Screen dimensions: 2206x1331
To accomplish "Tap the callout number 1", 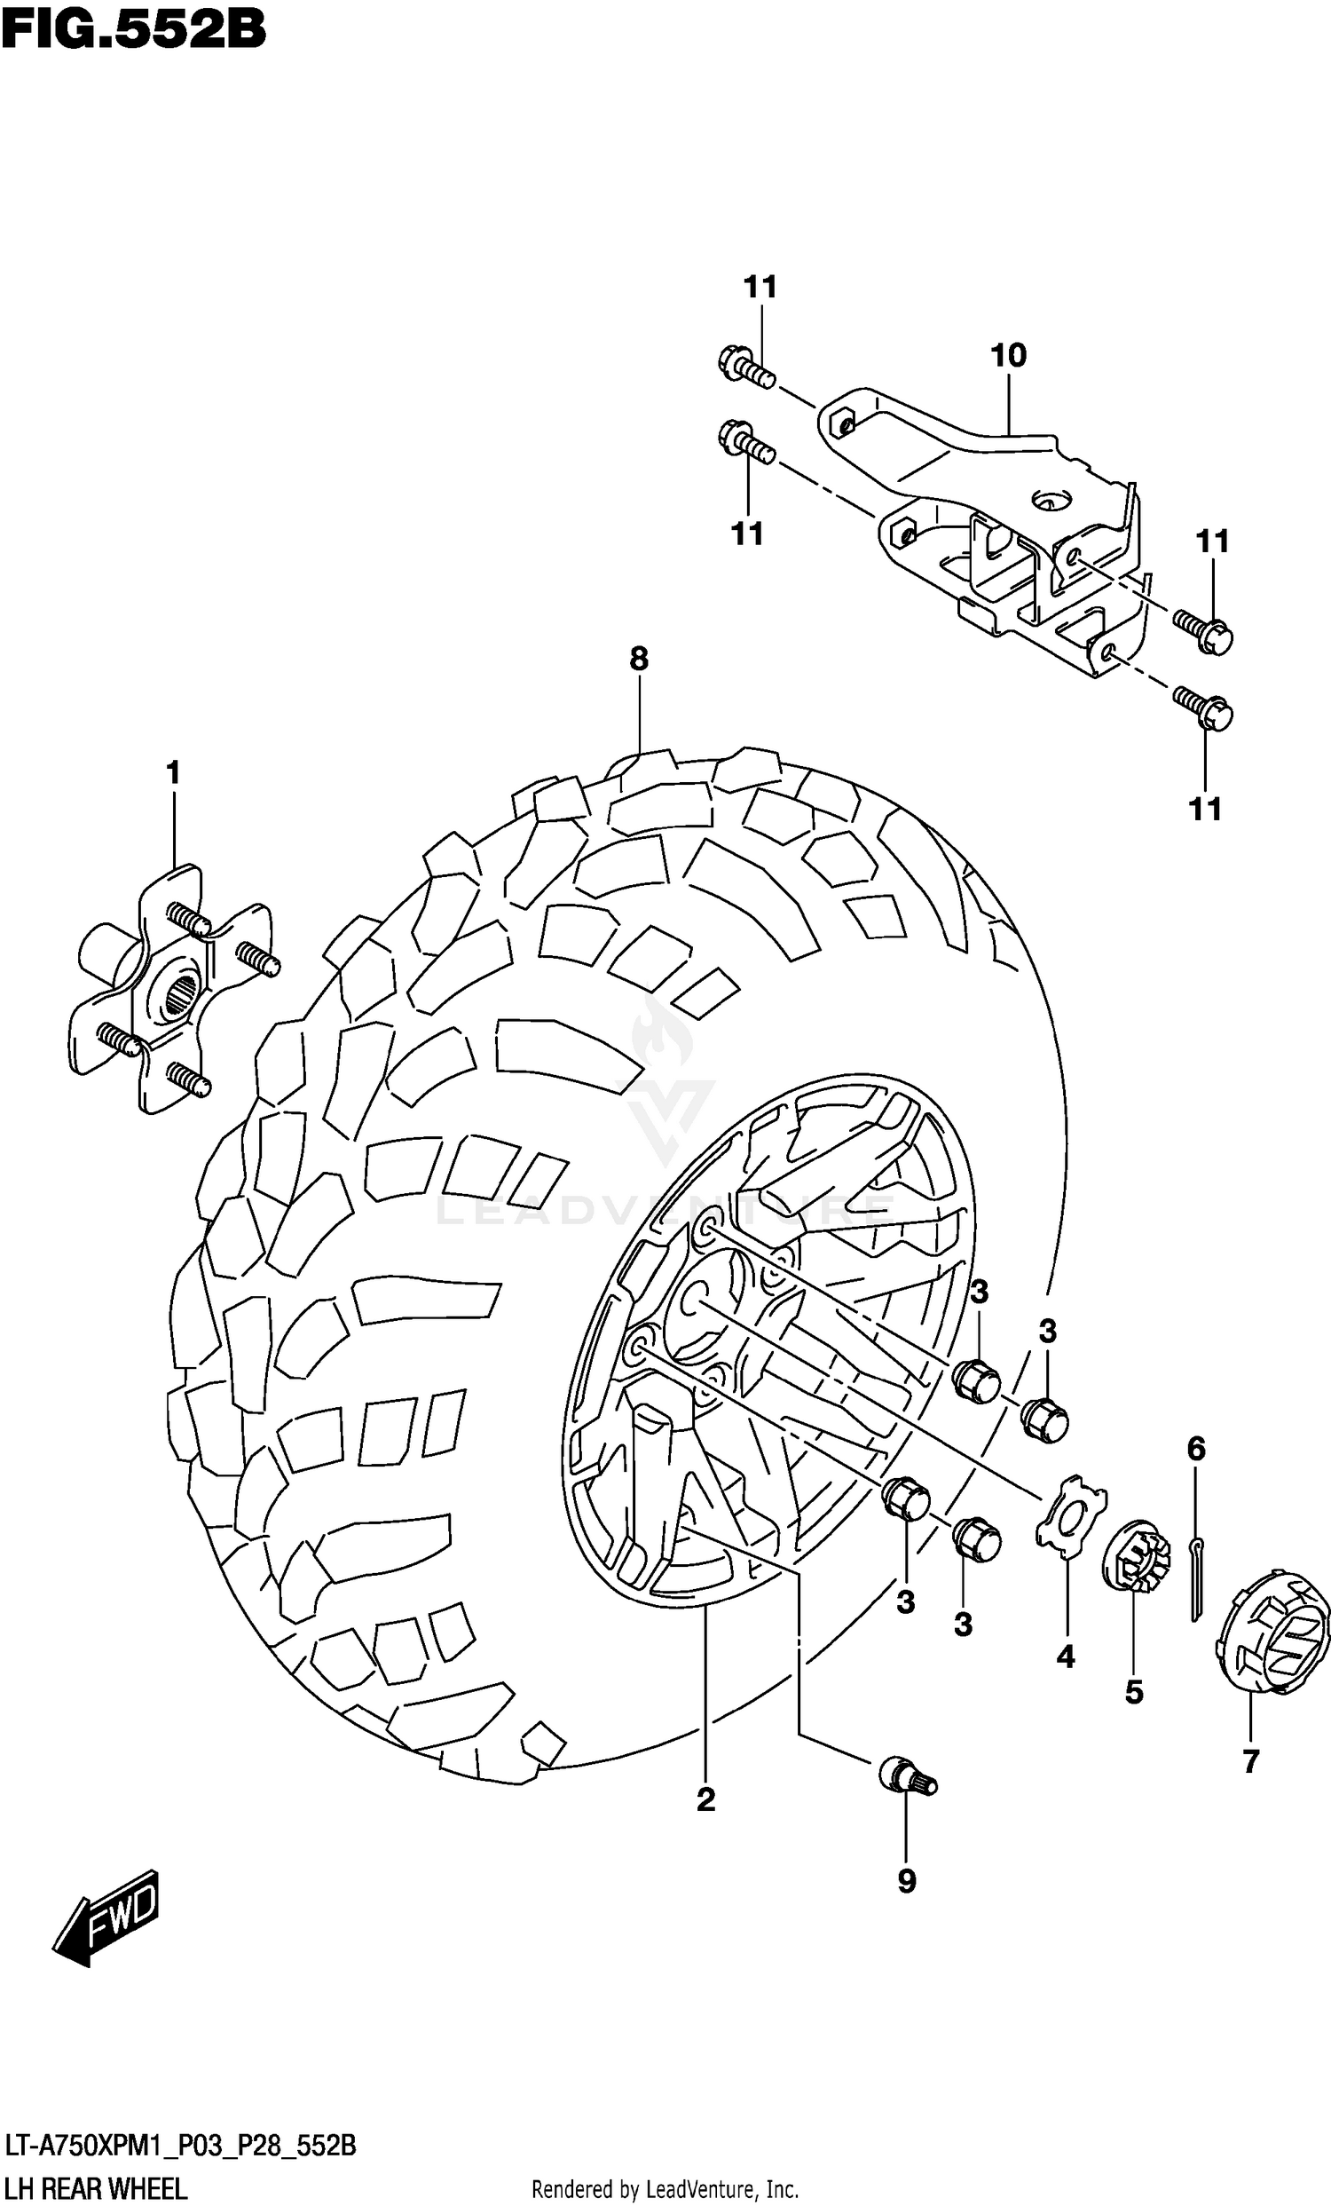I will (x=173, y=771).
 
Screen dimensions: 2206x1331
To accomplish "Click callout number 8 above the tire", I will (x=638, y=660).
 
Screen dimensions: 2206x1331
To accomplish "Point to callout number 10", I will (x=1008, y=355).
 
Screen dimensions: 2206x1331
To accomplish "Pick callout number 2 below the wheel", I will (x=706, y=1799).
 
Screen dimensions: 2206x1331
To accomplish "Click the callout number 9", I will (x=907, y=1883).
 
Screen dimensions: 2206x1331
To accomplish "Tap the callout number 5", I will (x=1134, y=1692).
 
